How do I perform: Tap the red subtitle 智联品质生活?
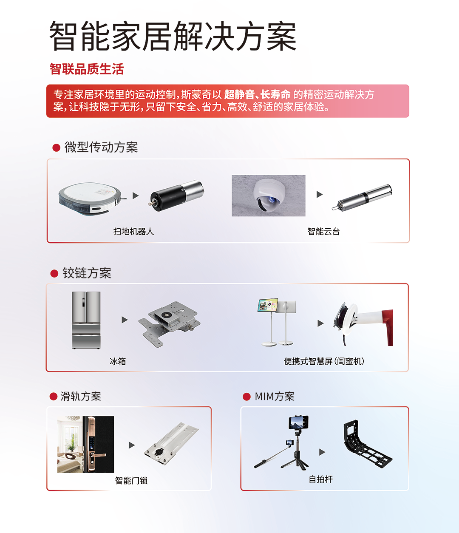pyautogui.click(x=87, y=69)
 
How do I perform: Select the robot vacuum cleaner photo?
pyautogui.click(x=90, y=198)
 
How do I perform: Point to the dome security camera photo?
pyautogui.click(x=268, y=196)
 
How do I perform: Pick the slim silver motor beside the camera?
pyautogui.click(x=362, y=198)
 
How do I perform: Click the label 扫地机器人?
pyautogui.click(x=133, y=231)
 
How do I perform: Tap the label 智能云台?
pyautogui.click(x=323, y=231)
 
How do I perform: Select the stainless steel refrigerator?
pyautogui.click(x=86, y=320)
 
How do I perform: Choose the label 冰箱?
pyautogui.click(x=118, y=361)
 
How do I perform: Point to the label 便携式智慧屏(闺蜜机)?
pyautogui.click(x=324, y=361)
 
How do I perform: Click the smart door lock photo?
pyautogui.click(x=85, y=444)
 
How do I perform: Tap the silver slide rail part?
pyautogui.click(x=171, y=443)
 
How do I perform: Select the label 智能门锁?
pyautogui.click(x=131, y=480)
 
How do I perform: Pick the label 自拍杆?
pyautogui.click(x=321, y=479)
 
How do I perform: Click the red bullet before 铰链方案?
pyautogui.click(x=54, y=274)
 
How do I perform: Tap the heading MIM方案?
pyautogui.click(x=275, y=396)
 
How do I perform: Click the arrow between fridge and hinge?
pyautogui.click(x=125, y=320)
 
